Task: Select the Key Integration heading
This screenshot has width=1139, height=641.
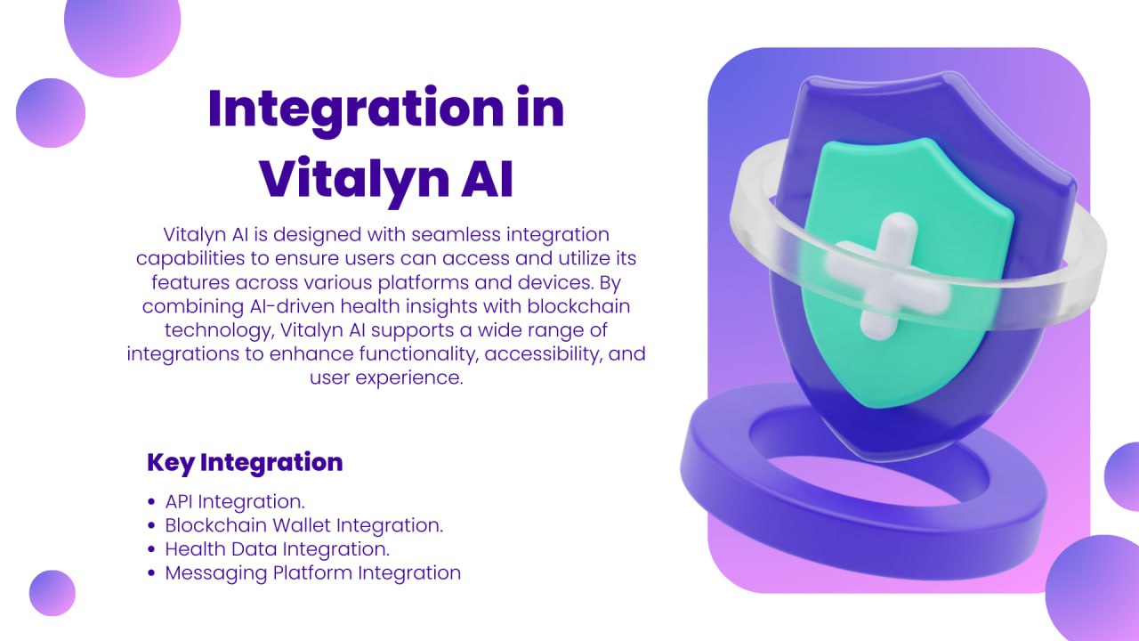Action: (245, 463)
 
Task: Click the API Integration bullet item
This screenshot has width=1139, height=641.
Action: (235, 501)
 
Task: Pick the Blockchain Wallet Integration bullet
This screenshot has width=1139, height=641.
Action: (303, 525)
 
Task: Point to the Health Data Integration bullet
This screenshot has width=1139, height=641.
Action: (278, 548)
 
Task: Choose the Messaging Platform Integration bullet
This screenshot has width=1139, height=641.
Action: (312, 572)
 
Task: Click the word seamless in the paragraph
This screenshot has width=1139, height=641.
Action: (448, 234)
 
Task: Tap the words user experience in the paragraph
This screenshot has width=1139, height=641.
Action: (386, 377)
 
